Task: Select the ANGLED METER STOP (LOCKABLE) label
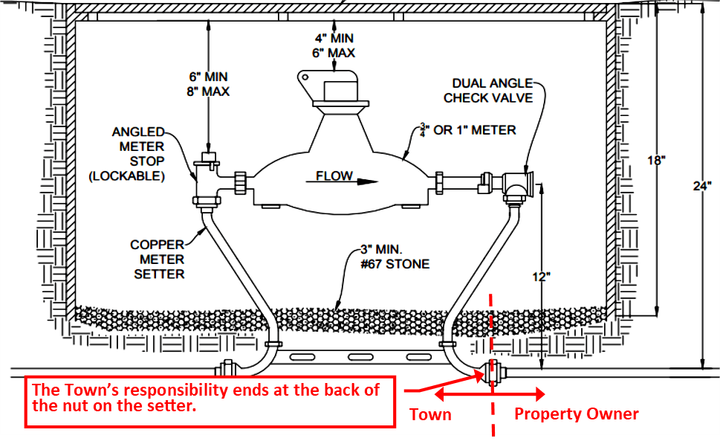pyautogui.click(x=138, y=154)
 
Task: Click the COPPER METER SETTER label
pyautogui.click(x=158, y=259)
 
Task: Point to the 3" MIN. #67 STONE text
pyautogui.click(x=394, y=257)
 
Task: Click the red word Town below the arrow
pyautogui.click(x=430, y=414)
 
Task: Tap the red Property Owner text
pyautogui.click(x=576, y=414)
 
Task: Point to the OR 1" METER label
pyautogui.click(x=470, y=130)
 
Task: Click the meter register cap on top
pyautogui.click(x=338, y=91)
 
